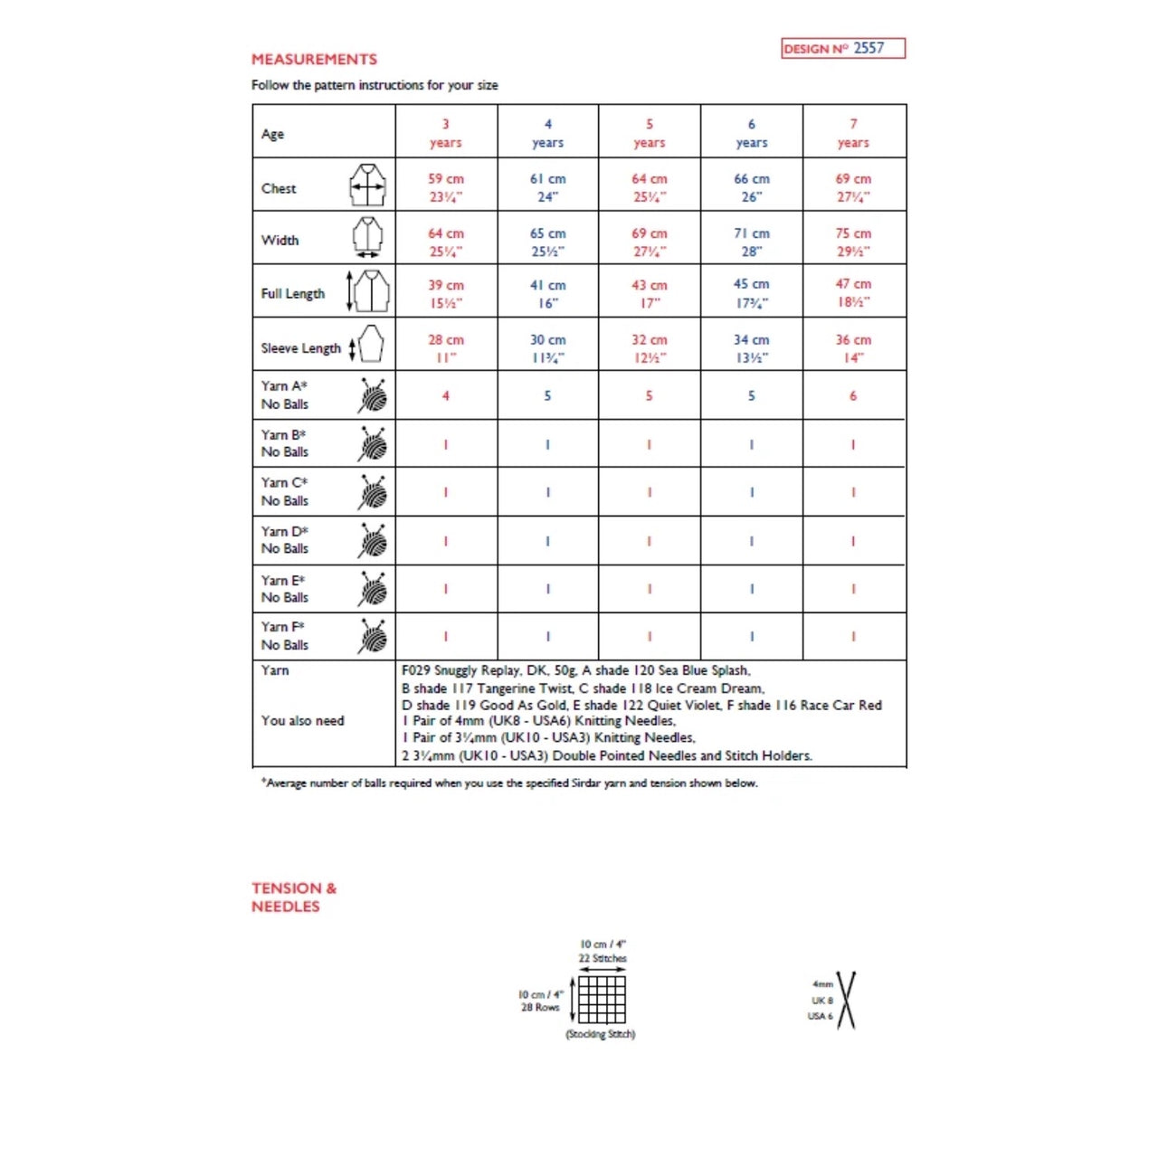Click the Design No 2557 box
click(842, 49)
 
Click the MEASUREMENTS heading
click(314, 60)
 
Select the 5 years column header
click(649, 133)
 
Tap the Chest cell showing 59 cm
click(445, 187)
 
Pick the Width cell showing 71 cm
click(751, 242)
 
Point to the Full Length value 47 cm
click(852, 293)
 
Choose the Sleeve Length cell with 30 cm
click(547, 348)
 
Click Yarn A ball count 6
click(852, 396)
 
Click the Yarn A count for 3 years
click(445, 396)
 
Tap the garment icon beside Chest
click(368, 185)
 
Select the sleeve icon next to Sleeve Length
click(370, 345)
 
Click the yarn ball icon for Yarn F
click(373, 636)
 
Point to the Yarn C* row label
click(285, 491)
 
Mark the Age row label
click(272, 134)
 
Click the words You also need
click(303, 721)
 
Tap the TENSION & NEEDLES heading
click(293, 897)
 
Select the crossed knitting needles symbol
click(846, 1000)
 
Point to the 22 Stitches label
click(603, 958)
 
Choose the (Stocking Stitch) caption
click(601, 1034)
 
